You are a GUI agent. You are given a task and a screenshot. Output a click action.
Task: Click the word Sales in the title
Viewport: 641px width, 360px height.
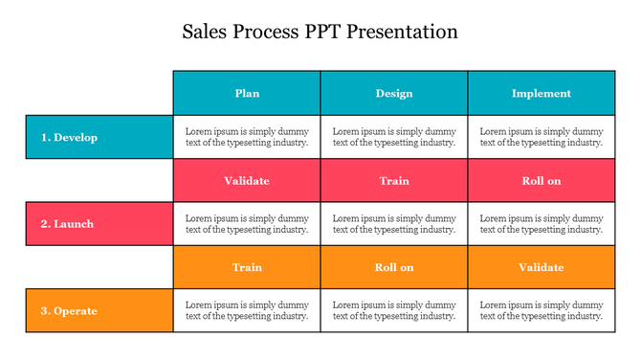click(205, 32)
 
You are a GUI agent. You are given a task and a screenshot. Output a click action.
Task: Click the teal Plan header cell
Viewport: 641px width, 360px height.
click(247, 93)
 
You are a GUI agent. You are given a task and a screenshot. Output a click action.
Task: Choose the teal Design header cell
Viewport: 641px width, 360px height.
click(394, 93)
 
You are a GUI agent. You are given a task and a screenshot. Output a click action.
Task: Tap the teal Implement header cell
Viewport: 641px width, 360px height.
click(542, 93)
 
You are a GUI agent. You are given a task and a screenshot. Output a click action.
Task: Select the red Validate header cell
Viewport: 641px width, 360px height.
click(247, 180)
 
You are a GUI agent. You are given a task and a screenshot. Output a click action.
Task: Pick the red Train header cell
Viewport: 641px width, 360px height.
click(394, 180)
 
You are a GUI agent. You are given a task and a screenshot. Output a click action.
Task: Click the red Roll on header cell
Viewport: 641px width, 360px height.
click(542, 180)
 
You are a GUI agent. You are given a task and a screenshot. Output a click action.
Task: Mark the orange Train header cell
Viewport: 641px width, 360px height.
click(247, 267)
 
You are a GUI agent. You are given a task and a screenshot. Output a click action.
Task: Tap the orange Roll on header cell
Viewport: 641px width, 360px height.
click(394, 267)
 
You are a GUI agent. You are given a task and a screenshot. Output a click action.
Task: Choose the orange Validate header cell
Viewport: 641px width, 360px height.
click(542, 267)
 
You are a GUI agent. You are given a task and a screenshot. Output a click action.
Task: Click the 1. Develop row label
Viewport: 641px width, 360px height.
click(99, 137)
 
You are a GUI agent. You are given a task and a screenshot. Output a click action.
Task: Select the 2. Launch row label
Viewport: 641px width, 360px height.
click(99, 224)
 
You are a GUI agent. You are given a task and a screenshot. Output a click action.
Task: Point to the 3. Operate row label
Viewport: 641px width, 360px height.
click(99, 310)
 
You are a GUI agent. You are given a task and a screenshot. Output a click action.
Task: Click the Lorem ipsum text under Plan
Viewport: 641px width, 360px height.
click(247, 137)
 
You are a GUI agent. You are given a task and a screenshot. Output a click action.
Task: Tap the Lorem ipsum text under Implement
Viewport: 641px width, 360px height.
click(542, 137)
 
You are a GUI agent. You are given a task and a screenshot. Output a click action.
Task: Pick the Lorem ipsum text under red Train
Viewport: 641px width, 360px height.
click(394, 224)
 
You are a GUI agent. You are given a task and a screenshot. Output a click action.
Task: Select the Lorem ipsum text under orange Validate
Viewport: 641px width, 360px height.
click(542, 310)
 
